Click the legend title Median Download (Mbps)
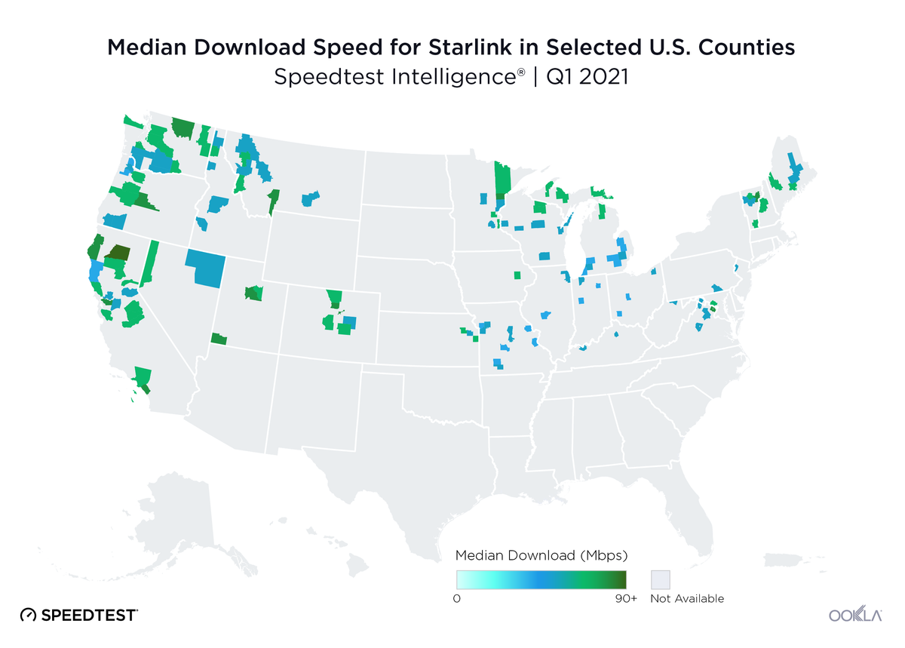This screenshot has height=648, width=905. pyautogui.click(x=541, y=556)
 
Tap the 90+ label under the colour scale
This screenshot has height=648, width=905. pyautogui.click(x=625, y=598)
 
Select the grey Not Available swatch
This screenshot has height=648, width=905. pyautogui.click(x=660, y=579)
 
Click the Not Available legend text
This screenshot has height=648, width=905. pyautogui.click(x=686, y=598)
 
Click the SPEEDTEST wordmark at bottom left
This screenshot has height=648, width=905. pyautogui.click(x=89, y=615)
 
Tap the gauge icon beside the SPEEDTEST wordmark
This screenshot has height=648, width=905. pyautogui.click(x=29, y=615)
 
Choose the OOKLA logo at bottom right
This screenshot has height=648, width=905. pyautogui.click(x=855, y=615)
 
